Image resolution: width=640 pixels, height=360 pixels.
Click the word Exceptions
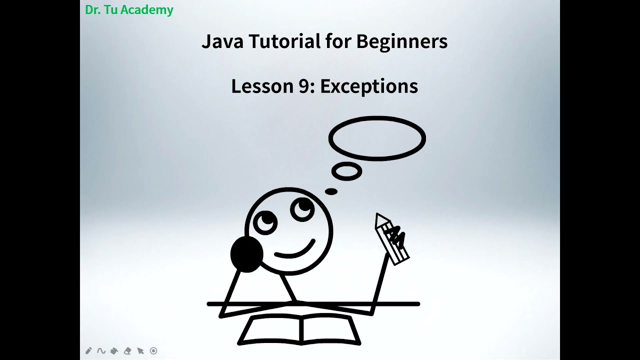tap(369, 86)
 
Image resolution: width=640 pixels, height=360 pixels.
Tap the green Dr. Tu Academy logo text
tap(129, 10)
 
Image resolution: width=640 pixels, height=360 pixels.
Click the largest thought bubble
tap(377, 138)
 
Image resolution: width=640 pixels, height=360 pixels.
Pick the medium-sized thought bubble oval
tap(346, 171)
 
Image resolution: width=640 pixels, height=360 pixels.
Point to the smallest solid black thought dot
tap(331, 191)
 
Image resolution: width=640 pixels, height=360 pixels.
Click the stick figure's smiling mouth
tap(295, 250)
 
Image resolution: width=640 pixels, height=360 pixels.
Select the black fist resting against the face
tap(246, 254)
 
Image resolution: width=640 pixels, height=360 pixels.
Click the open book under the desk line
tap(300, 330)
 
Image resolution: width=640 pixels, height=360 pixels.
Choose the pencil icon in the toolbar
tap(89, 351)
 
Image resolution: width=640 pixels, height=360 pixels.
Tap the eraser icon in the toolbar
tap(127, 351)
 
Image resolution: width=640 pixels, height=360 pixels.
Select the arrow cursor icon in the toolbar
tap(140, 351)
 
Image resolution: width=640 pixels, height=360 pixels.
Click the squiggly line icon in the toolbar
tap(101, 351)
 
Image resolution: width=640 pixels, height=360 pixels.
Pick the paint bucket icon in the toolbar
tap(114, 351)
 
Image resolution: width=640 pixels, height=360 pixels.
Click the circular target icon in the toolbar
tap(153, 351)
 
